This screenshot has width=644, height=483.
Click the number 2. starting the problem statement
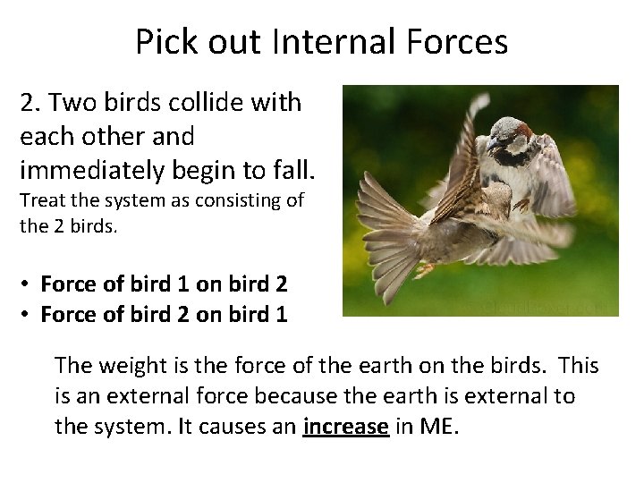(30, 103)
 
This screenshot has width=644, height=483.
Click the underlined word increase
(345, 427)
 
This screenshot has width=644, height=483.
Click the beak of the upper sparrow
(490, 142)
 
